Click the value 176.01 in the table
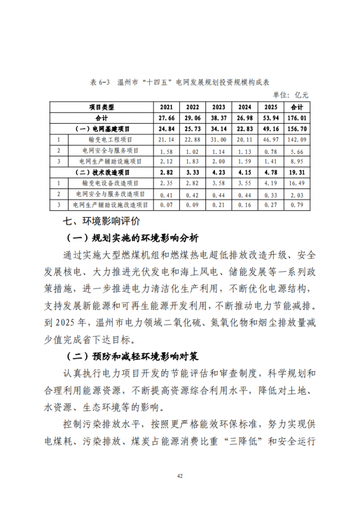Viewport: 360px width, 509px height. [x=296, y=118]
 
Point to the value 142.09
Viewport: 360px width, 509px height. [x=296, y=139]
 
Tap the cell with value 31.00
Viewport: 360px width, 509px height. [x=218, y=139]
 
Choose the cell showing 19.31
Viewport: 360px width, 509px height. [x=296, y=172]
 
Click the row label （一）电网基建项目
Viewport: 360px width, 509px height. [x=102, y=129]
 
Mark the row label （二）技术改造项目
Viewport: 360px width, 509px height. [x=102, y=172]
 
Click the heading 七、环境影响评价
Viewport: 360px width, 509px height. [x=101, y=220]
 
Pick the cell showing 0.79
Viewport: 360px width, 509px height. [x=296, y=205]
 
